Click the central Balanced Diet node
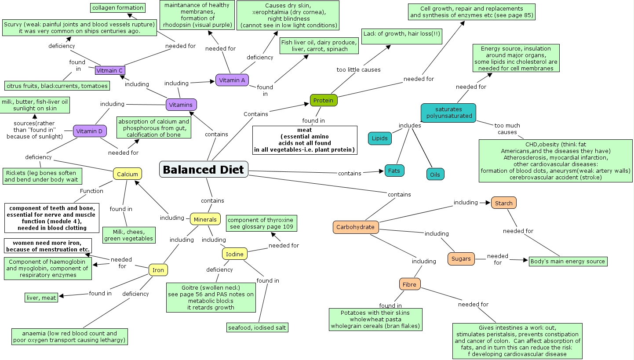(204, 169)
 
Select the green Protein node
(324, 100)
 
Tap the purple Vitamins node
(181, 105)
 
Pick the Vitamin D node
(89, 131)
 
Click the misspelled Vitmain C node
(110, 70)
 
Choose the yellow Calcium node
(128, 174)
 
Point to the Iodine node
(235, 254)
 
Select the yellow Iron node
(158, 270)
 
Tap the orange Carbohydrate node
(356, 227)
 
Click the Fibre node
(410, 284)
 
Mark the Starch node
(504, 203)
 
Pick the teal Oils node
(435, 175)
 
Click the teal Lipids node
(380, 138)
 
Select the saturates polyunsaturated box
(448, 113)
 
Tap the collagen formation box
(118, 7)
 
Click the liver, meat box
(41, 298)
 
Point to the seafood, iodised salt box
(257, 327)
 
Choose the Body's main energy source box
(568, 261)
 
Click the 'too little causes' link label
(358, 69)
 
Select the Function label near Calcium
(91, 191)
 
